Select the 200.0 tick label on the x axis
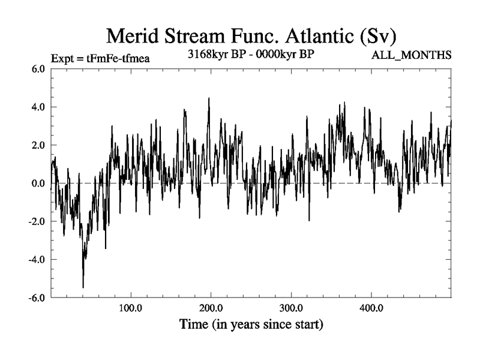pyautogui.click(x=211, y=308)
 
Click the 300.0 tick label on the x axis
pyautogui.click(x=291, y=308)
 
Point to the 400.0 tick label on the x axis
pyautogui.click(x=371, y=308)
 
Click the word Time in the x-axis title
pyautogui.click(x=195, y=326)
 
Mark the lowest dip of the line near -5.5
pyautogui.click(x=83, y=287)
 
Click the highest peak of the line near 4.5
pyautogui.click(x=209, y=98)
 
